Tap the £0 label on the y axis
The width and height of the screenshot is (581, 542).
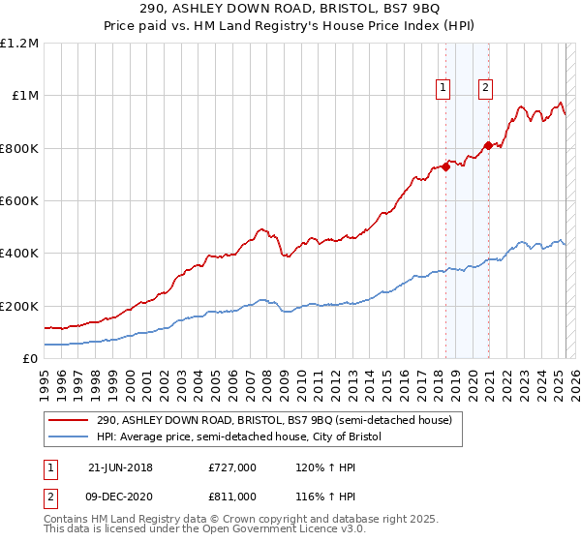point(31,359)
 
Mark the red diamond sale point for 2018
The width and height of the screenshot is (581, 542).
point(445,166)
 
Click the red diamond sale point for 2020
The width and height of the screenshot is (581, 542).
point(488,145)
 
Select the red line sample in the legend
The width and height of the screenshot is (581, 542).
point(68,421)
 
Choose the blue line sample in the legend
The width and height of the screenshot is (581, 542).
point(68,437)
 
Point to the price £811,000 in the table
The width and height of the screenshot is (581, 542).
point(232,496)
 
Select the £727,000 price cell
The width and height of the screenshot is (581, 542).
point(232,467)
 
